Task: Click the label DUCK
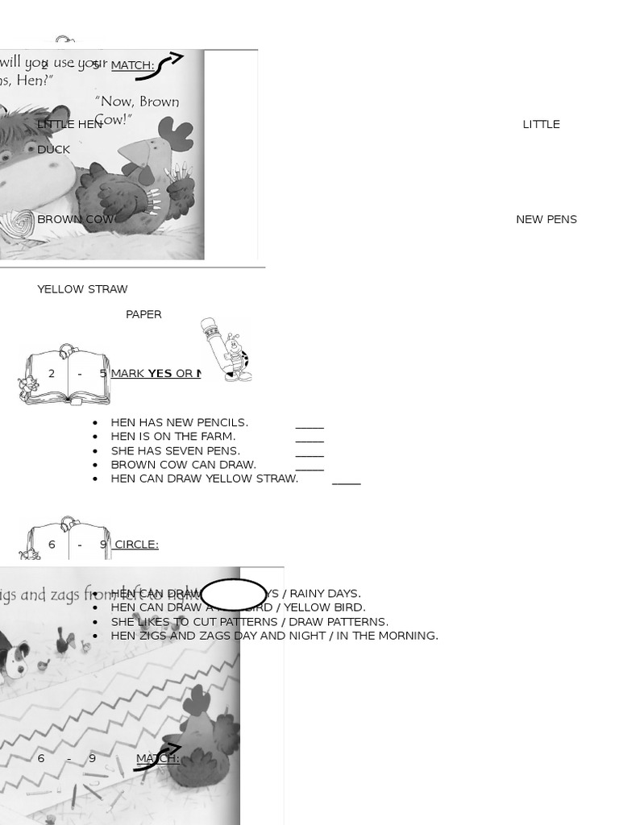coord(53,149)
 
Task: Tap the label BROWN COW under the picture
coord(75,219)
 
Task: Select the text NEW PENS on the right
coord(546,219)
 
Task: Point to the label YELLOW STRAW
coord(82,289)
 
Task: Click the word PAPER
coord(143,314)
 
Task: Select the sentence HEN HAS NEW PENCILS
coord(179,422)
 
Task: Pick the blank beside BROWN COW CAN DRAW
coord(309,468)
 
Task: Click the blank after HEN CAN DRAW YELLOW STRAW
coord(346,483)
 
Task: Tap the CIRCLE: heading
coord(136,545)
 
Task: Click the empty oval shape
coord(233,595)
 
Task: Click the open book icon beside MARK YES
coord(64,375)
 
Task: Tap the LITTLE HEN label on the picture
coord(69,124)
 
